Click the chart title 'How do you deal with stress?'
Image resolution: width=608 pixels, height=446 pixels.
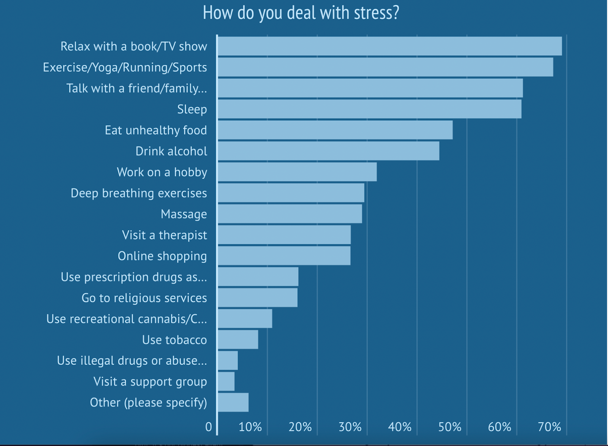(301, 13)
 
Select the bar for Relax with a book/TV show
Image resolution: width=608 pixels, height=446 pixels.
(389, 46)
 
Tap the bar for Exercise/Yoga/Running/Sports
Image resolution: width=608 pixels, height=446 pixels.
(385, 67)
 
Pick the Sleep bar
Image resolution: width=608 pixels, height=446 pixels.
(369, 109)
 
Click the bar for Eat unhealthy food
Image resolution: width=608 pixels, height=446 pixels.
(335, 130)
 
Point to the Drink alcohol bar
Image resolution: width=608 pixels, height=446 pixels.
(328, 151)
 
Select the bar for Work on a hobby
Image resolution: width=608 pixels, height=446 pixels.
(297, 172)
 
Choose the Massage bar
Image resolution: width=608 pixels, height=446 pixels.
(290, 214)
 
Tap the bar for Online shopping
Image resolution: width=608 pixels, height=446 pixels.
(284, 256)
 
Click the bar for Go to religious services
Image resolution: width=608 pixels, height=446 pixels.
(258, 297)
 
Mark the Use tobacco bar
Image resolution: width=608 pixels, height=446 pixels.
(238, 340)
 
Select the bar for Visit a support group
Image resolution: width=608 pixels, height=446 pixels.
(226, 381)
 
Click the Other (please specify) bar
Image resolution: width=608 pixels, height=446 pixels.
(233, 402)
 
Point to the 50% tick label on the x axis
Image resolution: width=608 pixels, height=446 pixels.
(450, 427)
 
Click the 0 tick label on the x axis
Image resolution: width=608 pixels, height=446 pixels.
(209, 427)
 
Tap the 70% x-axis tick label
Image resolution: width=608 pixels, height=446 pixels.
(549, 427)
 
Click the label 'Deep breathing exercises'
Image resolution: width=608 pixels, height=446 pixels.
(139, 193)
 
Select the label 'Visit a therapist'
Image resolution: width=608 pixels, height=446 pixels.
(165, 235)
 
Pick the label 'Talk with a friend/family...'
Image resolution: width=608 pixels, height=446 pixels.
(137, 89)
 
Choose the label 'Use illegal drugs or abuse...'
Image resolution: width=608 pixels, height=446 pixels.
(132, 361)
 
